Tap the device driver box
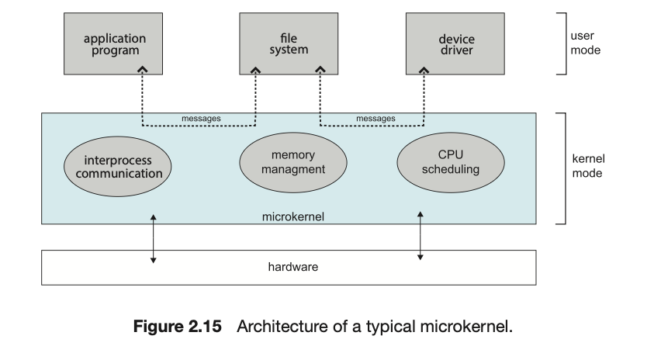pos(456,43)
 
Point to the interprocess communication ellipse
pos(118,167)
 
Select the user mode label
pos(587,43)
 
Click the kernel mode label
pos(587,166)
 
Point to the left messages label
pos(201,119)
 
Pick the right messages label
pos(375,119)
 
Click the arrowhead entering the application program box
pos(142,71)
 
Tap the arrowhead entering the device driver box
pos(424,71)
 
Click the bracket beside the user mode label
pos(564,43)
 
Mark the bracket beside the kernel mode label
pos(564,168)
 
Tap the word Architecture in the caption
pos(276,326)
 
